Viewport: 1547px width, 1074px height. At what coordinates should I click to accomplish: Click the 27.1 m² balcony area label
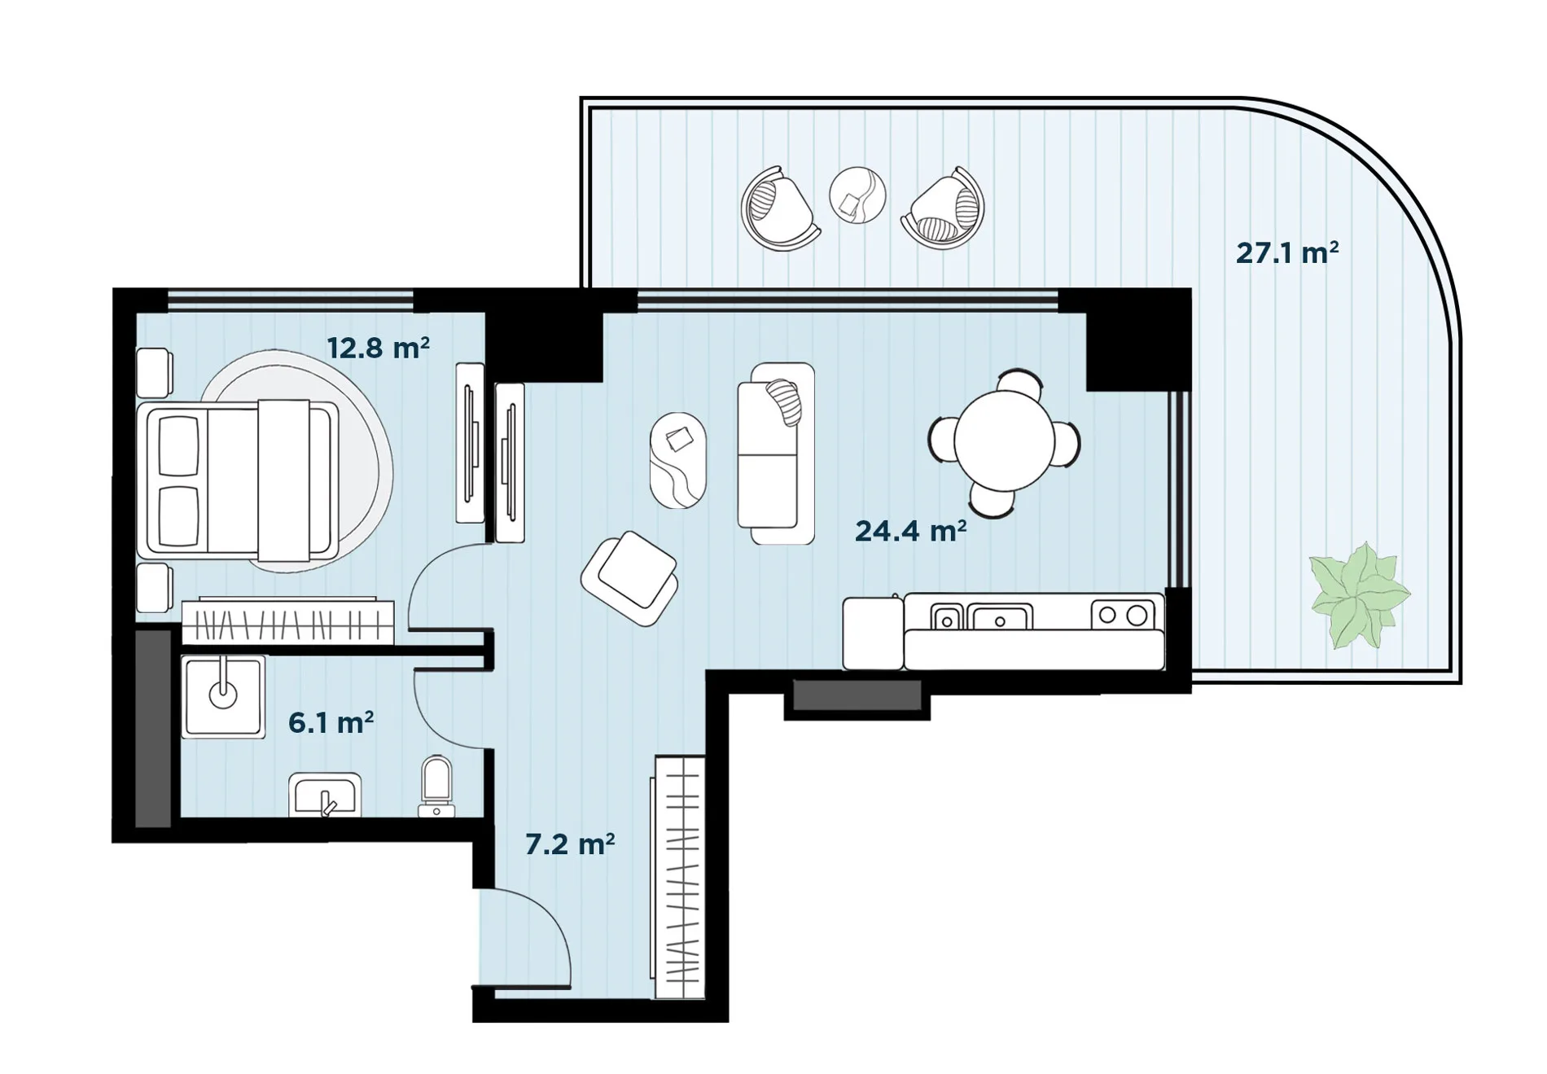pos(1287,252)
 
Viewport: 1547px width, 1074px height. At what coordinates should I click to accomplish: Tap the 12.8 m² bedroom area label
pos(378,348)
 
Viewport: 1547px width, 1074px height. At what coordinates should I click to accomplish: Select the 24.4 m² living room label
pos(910,531)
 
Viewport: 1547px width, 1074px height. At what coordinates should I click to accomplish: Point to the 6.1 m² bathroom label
pos(331,722)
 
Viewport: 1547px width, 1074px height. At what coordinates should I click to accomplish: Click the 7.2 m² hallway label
pos(570,844)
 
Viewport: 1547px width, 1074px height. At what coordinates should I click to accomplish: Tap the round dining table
pos(1005,441)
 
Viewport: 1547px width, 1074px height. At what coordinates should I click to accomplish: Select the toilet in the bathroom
pos(436,787)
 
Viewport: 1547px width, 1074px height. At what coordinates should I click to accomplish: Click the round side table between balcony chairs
pos(857,195)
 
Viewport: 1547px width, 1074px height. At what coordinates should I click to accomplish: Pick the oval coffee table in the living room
pos(677,460)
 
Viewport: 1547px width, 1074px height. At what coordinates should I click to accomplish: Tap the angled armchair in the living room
pos(629,578)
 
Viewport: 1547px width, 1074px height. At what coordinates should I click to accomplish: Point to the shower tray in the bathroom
pos(223,697)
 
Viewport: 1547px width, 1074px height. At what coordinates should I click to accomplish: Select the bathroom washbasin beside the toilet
pos(325,795)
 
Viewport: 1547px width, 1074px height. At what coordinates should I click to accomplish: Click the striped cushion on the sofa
pos(785,401)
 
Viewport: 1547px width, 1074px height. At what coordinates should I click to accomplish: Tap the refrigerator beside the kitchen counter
pos(873,633)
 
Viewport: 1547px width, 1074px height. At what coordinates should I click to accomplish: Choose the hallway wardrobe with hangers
pos(678,877)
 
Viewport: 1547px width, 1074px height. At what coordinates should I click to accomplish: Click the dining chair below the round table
pos(993,500)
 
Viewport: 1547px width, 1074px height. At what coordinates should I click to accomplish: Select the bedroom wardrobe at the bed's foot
pos(287,622)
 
